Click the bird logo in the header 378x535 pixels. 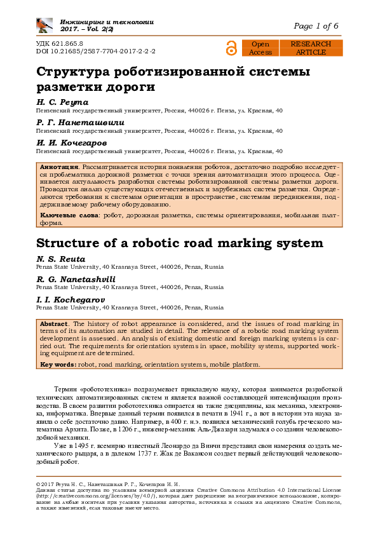click(x=44, y=25)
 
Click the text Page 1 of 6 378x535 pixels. click(x=316, y=26)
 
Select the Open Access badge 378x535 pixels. click(x=260, y=48)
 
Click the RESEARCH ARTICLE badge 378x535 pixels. click(x=311, y=48)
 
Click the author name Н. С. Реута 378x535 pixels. click(x=62, y=102)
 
